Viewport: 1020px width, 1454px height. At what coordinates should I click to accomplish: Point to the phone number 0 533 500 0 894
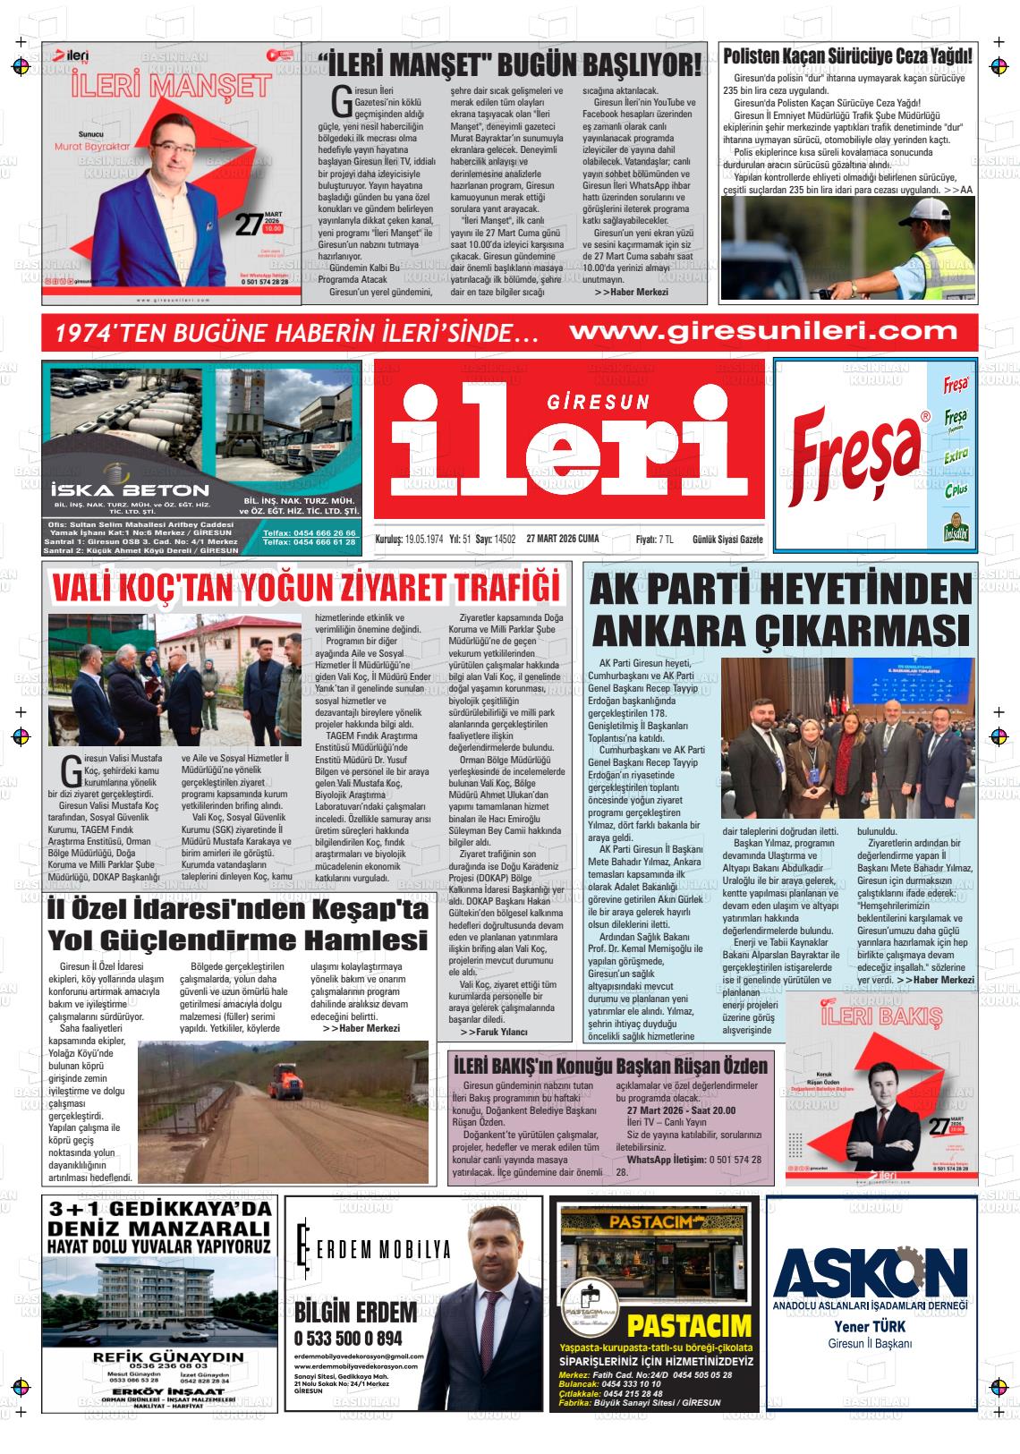click(348, 1339)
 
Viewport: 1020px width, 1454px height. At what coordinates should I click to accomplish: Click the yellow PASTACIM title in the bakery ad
click(688, 1326)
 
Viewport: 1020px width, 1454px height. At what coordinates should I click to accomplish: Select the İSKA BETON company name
click(131, 490)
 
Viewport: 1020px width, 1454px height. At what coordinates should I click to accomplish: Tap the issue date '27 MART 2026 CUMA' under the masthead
click(563, 540)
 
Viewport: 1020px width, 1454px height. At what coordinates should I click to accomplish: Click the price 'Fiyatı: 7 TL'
click(654, 540)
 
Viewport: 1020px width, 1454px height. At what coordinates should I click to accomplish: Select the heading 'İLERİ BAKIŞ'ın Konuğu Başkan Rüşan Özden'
click(610, 1066)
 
